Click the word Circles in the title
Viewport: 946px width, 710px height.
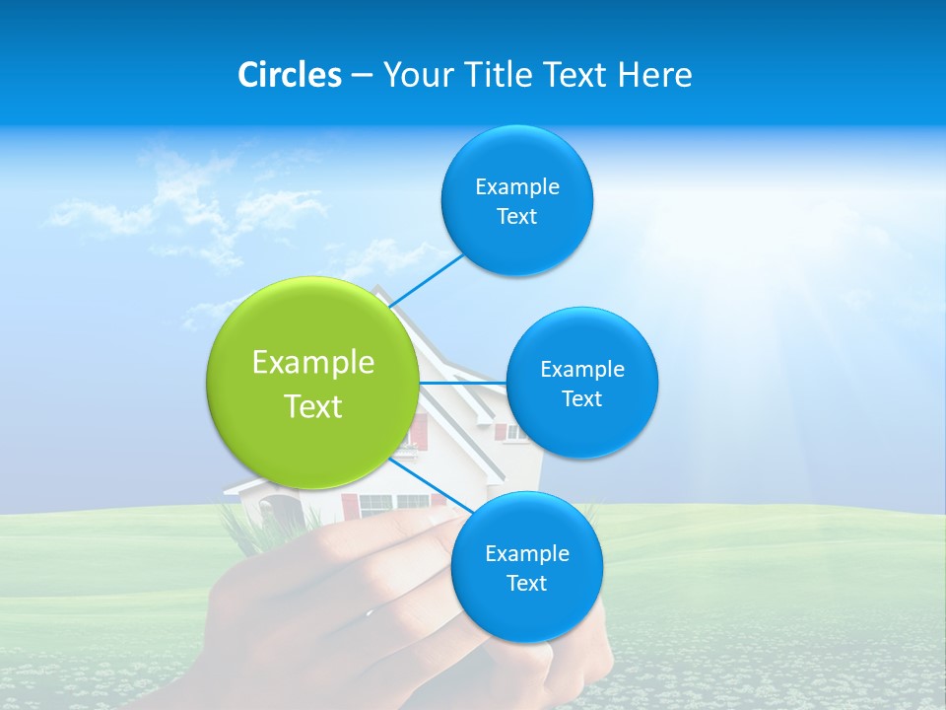[289, 75]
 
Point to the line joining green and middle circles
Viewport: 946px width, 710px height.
[462, 383]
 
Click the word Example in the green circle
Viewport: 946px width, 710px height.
[313, 363]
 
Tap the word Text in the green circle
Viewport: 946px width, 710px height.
[313, 406]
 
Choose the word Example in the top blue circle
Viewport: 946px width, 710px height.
[517, 187]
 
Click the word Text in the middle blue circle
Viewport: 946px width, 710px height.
[582, 398]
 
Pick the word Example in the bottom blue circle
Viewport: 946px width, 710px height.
[527, 553]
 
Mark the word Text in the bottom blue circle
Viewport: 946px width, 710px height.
[527, 583]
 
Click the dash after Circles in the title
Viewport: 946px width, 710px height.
[362, 76]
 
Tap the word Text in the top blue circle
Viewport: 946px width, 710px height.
[517, 217]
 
